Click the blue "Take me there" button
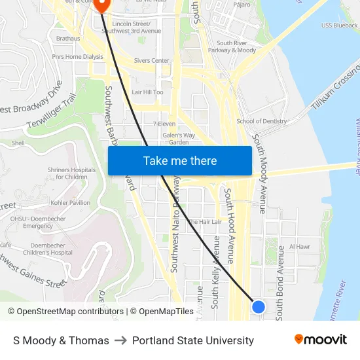coord(180,161)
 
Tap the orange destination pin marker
coord(101,5)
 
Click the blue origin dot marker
coord(259,306)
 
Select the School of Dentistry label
coord(261,121)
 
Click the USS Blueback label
coord(340,26)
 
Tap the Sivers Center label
coord(151,60)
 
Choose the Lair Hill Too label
coord(147,92)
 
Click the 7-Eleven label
coord(164,123)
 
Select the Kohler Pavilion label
coord(71,203)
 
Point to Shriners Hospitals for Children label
coord(71,173)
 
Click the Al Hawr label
coord(299,247)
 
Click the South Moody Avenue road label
coord(260,173)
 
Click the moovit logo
coord(320,340)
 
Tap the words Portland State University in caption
coord(193,340)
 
